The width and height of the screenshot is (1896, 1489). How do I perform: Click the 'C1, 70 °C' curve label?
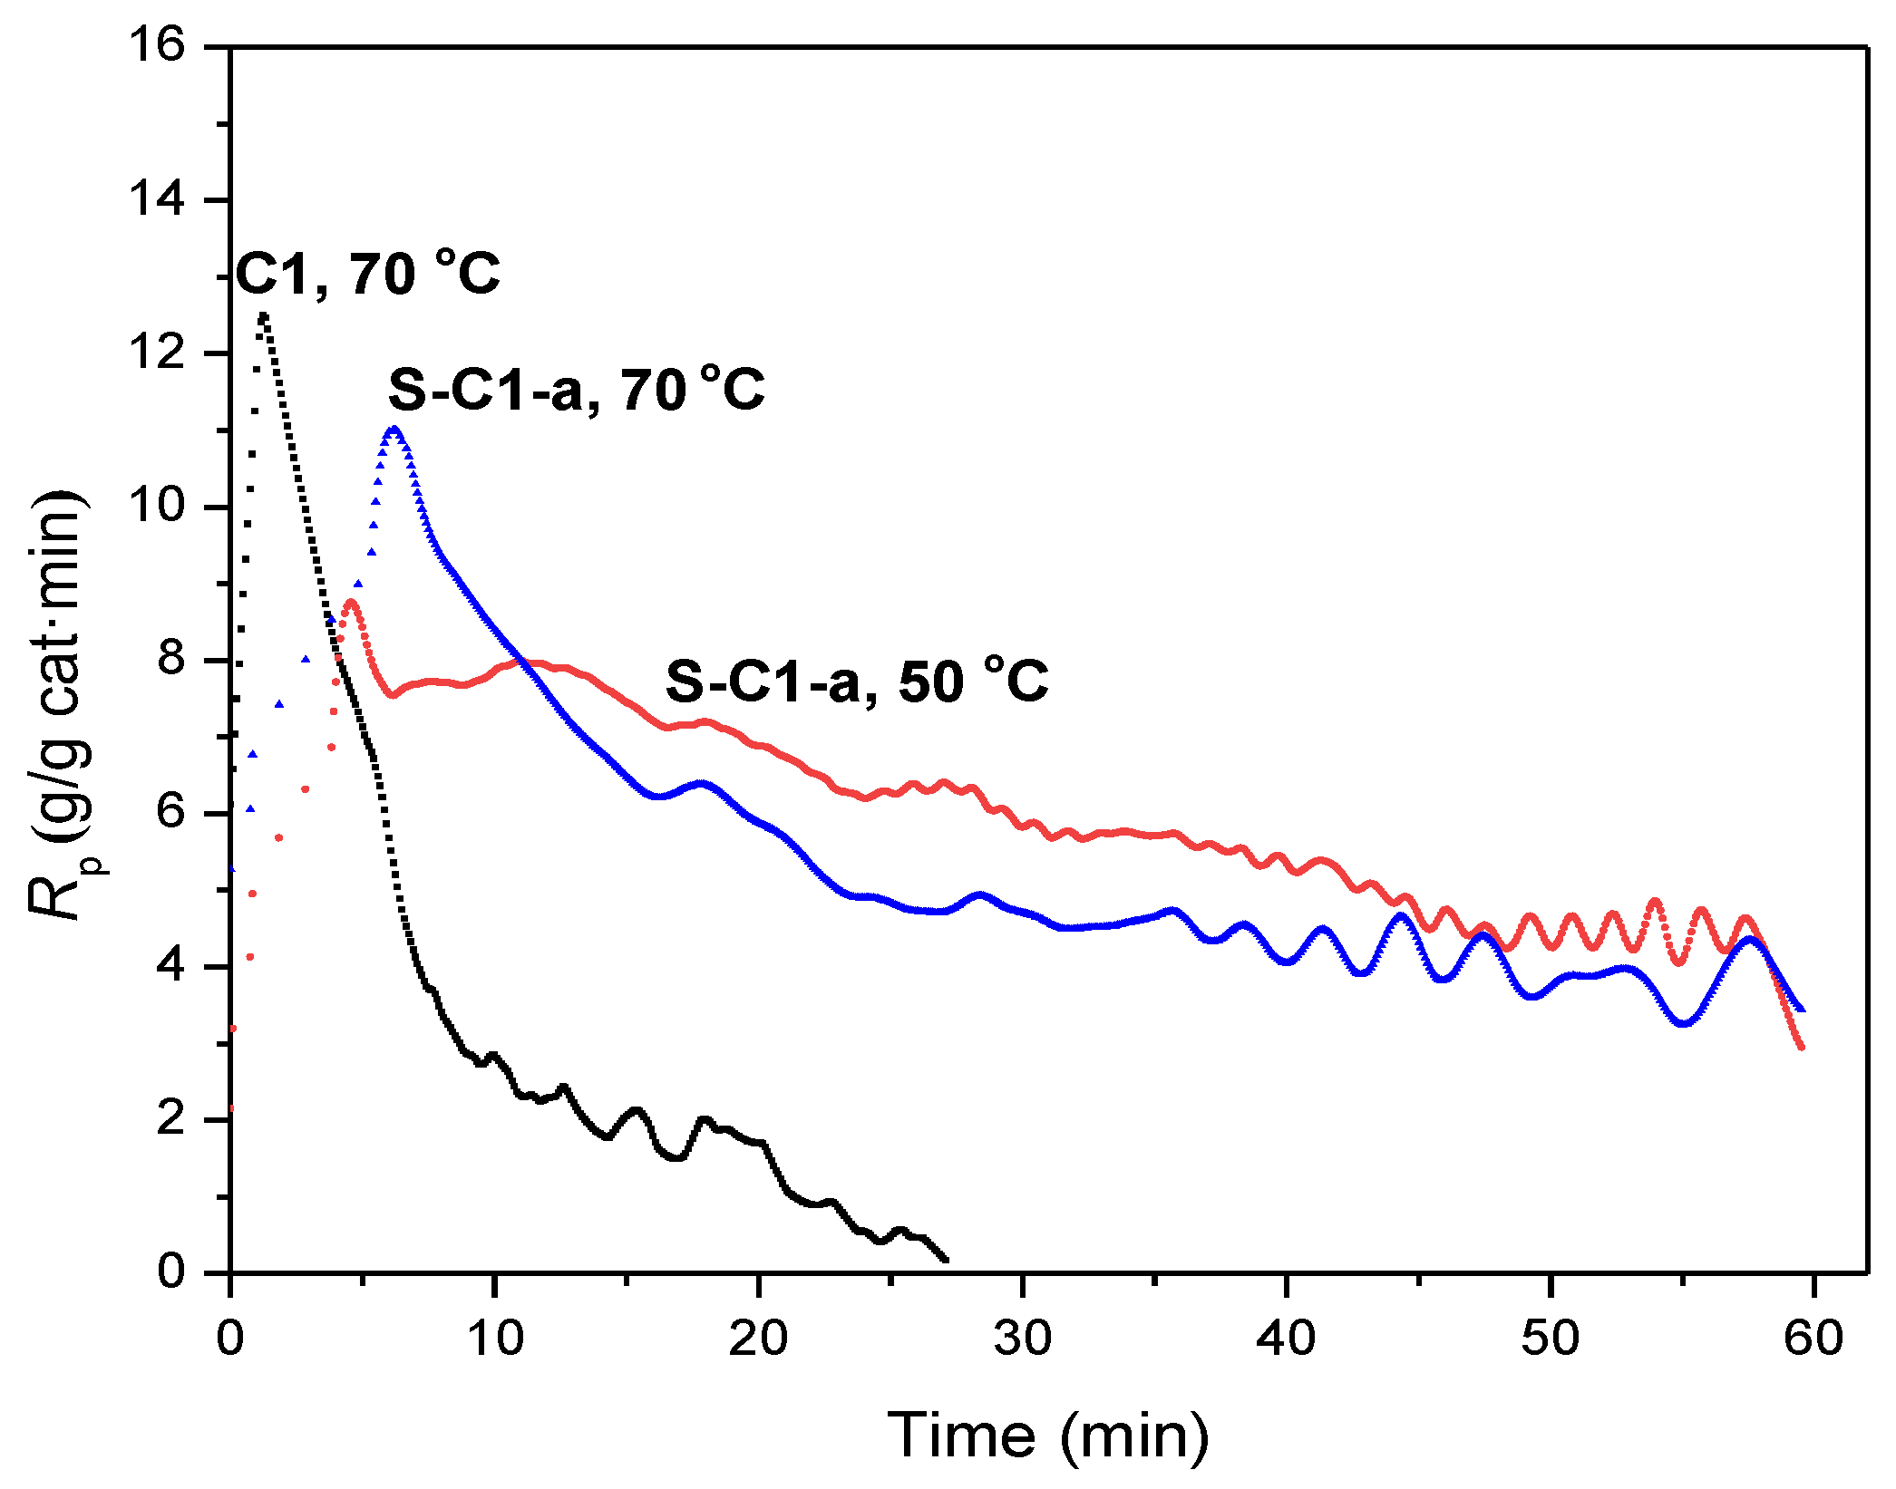point(367,273)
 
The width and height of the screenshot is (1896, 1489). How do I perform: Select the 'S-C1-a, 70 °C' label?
point(577,390)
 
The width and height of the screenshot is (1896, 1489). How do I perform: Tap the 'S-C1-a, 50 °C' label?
point(857,681)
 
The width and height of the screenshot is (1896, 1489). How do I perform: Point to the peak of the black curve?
point(263,316)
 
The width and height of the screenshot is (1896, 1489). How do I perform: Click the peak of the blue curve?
point(394,429)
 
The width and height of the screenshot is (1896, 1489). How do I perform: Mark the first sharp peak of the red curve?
point(351,602)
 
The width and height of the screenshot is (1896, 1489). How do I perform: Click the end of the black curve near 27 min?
point(946,1259)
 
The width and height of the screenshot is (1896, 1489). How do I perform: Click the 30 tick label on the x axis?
point(1022,1338)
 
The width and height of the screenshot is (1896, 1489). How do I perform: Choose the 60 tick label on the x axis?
point(1813,1338)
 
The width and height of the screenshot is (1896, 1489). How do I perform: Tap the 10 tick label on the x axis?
point(495,1338)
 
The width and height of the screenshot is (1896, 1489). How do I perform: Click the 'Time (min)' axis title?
point(1048,1435)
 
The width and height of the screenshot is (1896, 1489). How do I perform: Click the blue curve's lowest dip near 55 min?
point(1683,1023)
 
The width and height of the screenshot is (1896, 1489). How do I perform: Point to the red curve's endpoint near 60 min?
point(1801,1047)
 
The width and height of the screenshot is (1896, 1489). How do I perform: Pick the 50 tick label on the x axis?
point(1550,1338)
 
